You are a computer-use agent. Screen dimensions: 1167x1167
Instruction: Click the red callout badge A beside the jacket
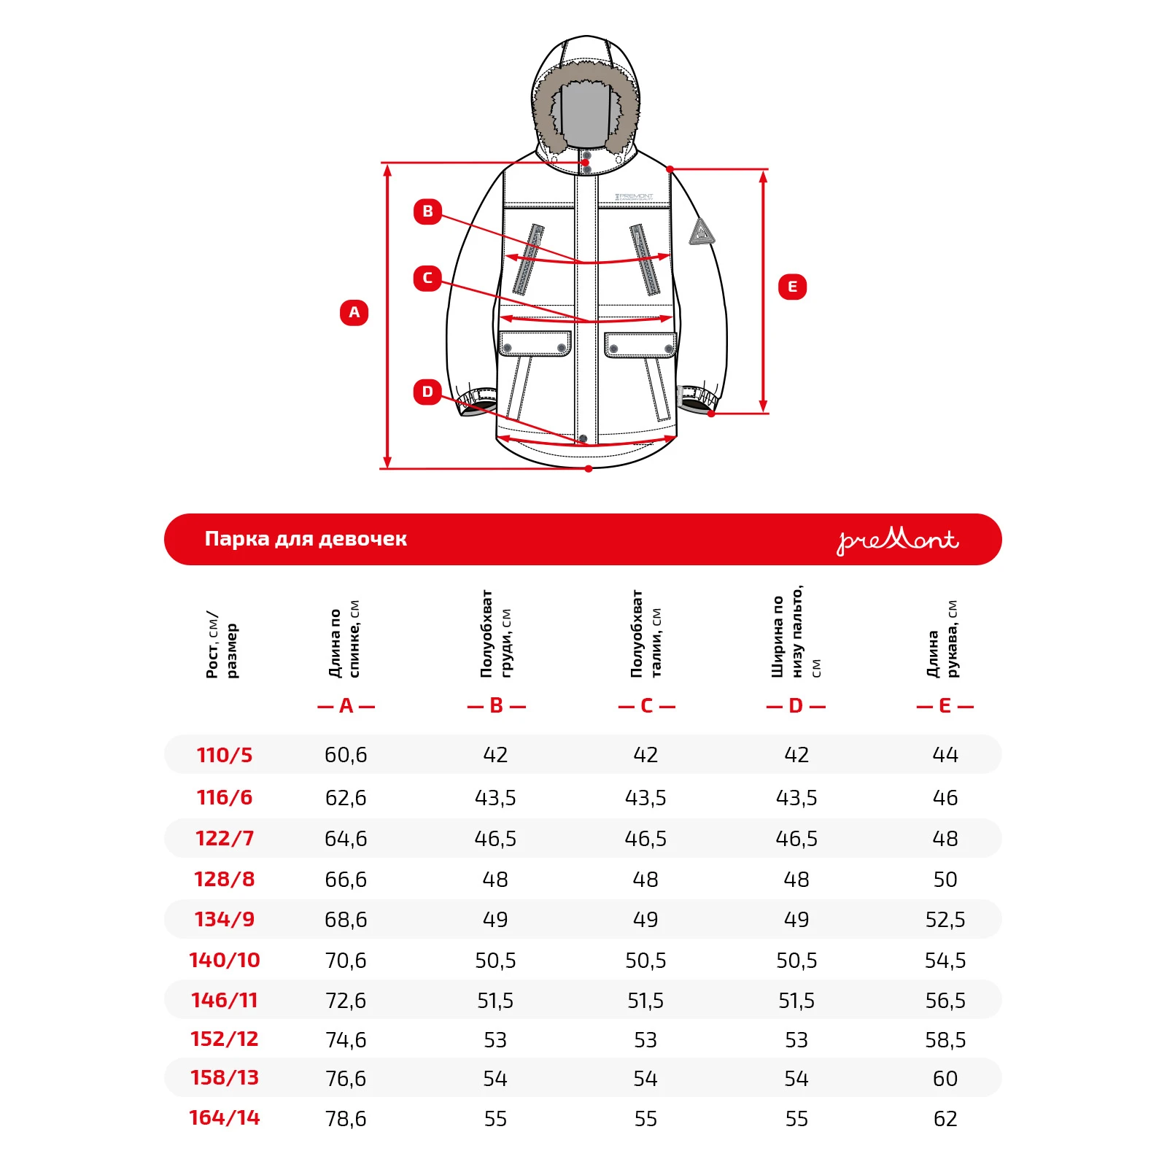coord(354,312)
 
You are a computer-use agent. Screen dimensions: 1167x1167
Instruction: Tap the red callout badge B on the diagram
coord(427,212)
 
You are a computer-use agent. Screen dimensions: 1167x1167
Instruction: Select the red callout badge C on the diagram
coord(427,278)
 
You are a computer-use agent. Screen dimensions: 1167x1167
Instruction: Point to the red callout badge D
coord(427,392)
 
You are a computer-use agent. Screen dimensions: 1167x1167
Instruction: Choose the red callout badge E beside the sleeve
coord(792,287)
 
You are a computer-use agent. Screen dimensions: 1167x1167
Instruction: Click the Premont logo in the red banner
coord(897,540)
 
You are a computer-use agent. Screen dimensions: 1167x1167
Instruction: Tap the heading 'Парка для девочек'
coord(306,539)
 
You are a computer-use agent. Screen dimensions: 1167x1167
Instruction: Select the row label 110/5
coord(225,755)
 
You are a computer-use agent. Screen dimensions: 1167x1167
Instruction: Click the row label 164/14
coord(225,1117)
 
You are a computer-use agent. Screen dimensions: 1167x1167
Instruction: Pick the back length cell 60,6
coord(346,755)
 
